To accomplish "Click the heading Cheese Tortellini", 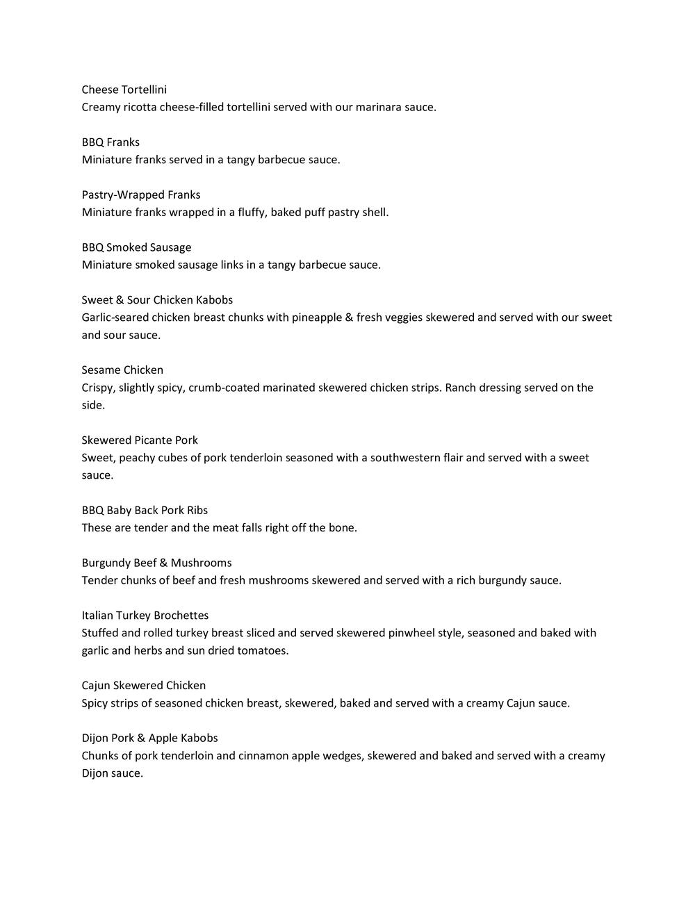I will point(124,90).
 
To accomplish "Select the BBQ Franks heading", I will point(111,142).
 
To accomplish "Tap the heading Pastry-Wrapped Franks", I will point(140,195).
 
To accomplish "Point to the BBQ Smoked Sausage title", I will point(136,247).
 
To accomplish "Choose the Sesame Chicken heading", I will point(122,370).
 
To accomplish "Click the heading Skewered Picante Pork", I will point(140,440).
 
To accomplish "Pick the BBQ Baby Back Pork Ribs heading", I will point(145,510).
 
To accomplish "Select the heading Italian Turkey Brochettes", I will point(145,615).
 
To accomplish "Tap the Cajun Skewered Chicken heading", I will point(143,685).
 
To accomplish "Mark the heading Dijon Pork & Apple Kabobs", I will point(149,738).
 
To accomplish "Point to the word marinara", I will point(380,108).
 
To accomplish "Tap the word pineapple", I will point(316,317).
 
